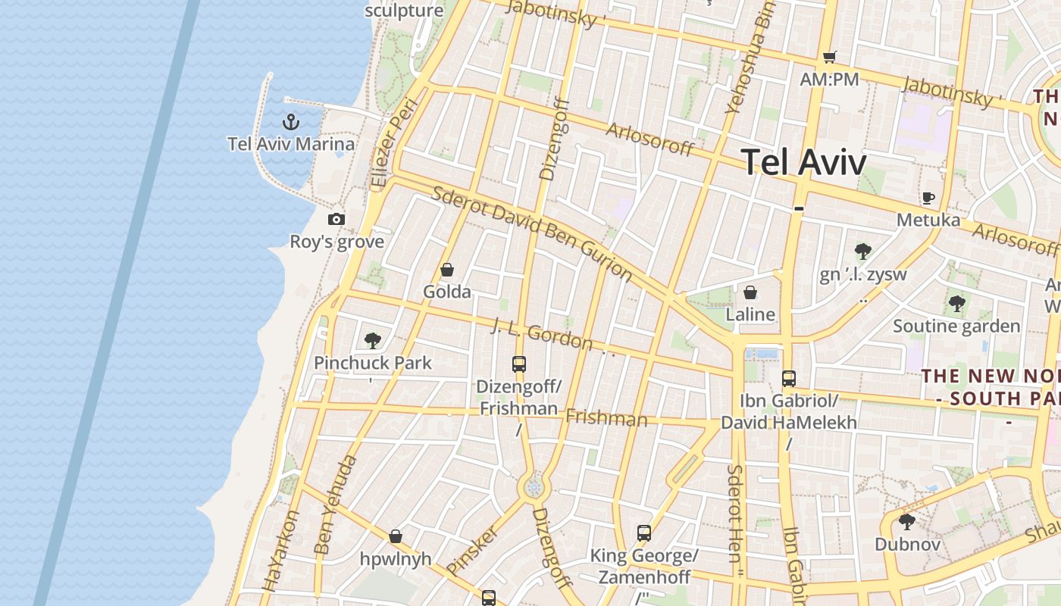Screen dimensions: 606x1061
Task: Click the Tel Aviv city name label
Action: tap(803, 162)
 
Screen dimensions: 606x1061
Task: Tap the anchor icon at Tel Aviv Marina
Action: tap(290, 121)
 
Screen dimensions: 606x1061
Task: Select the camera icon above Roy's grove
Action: tap(336, 220)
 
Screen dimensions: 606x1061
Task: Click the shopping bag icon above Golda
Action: tap(447, 270)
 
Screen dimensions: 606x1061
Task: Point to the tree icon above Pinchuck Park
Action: tap(372, 340)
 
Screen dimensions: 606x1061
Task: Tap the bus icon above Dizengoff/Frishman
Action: tap(519, 364)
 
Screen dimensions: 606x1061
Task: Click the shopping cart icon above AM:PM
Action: tap(829, 57)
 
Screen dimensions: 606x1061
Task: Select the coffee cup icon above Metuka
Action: tap(928, 198)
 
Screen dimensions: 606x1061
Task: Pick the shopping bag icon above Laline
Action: tap(750, 292)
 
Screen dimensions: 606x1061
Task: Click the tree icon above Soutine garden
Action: tap(956, 304)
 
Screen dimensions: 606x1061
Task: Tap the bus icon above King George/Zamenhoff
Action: tap(644, 533)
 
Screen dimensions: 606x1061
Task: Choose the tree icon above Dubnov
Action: tap(907, 522)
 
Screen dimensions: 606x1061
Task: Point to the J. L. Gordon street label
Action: tap(542, 334)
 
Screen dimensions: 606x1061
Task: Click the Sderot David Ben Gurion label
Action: tap(531, 231)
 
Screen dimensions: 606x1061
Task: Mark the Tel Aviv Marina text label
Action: tap(291, 144)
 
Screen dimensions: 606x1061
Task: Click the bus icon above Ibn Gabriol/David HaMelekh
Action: tap(789, 379)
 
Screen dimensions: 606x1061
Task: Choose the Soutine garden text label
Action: tap(956, 326)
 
